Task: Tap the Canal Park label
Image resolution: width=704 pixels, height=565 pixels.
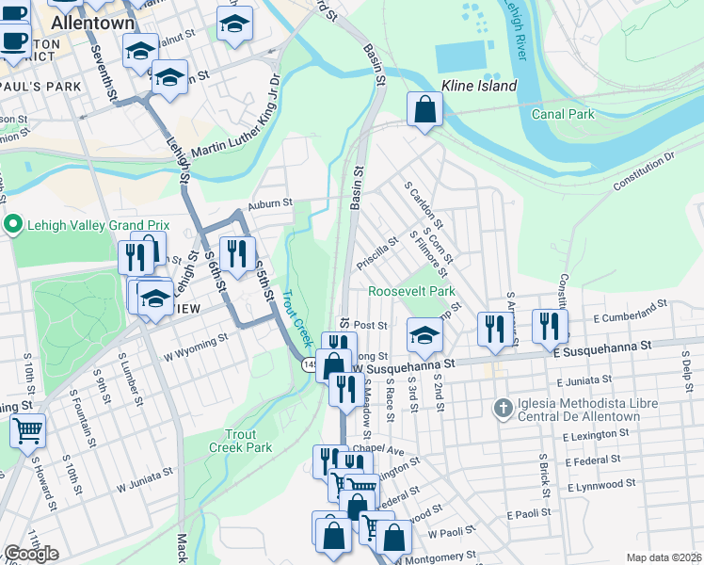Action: coord(563,114)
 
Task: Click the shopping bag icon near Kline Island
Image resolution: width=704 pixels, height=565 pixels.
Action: coord(425,109)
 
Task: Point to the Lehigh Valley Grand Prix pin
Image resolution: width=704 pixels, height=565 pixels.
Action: coord(13,225)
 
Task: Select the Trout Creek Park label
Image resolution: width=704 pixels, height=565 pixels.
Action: coord(248,441)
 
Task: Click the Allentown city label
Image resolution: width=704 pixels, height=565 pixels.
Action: coord(92,21)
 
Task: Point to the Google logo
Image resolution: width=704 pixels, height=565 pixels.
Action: coord(31,554)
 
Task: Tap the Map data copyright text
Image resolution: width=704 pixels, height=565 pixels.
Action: coord(664,557)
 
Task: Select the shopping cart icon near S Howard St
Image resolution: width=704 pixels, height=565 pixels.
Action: coord(28,430)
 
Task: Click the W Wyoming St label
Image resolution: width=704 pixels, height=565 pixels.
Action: coord(196,347)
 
